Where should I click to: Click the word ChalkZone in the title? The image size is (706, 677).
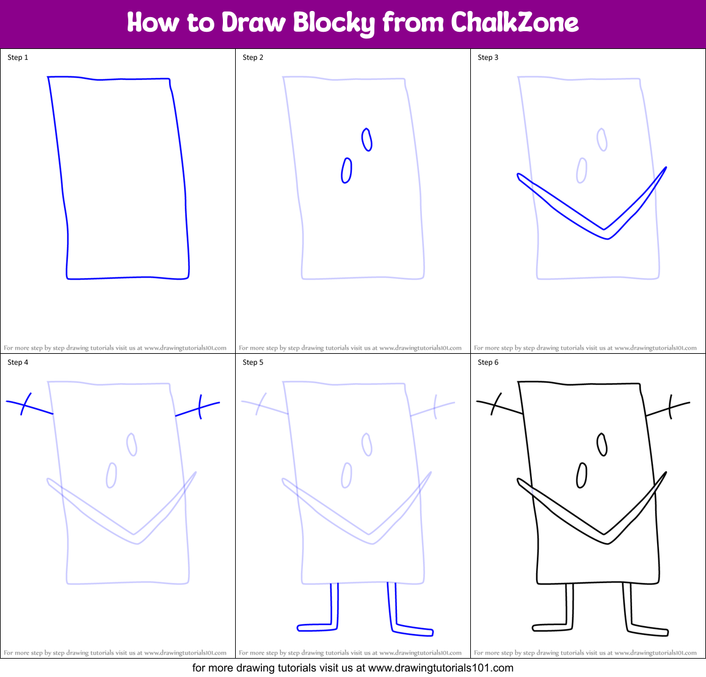[514, 23]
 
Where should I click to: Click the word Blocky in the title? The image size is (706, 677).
[333, 23]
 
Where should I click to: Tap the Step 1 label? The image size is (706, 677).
[18, 57]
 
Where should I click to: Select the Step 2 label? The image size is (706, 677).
[253, 57]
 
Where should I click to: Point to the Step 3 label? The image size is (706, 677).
[488, 57]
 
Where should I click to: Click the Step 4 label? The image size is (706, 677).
[18, 362]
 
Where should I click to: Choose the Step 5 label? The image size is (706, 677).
[253, 362]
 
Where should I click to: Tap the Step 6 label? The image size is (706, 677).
[488, 362]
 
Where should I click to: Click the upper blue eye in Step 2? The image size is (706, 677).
[367, 139]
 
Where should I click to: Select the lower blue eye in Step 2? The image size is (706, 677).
[346, 170]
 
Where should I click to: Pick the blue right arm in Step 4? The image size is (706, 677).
[198, 408]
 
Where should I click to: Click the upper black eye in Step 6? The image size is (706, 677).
[602, 444]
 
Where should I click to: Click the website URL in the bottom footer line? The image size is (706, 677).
[441, 668]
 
